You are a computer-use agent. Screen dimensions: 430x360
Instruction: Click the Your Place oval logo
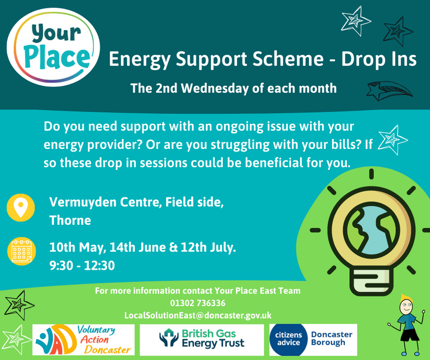pyautogui.click(x=53, y=47)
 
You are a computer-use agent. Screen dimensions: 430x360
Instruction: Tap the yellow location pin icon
pyautogui.click(x=21, y=208)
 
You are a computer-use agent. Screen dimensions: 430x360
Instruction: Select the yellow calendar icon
pyautogui.click(x=21, y=251)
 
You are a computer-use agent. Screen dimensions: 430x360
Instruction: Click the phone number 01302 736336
pyautogui.click(x=198, y=303)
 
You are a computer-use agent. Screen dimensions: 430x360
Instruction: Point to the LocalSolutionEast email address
pyautogui.click(x=198, y=315)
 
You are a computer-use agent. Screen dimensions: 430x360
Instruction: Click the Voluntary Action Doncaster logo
pyautogui.click(x=84, y=340)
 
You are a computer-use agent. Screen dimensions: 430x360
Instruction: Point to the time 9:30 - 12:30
pyautogui.click(x=82, y=265)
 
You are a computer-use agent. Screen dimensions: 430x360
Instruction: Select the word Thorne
pyautogui.click(x=70, y=220)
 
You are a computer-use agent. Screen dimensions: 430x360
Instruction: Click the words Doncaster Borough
pyautogui.click(x=332, y=339)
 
